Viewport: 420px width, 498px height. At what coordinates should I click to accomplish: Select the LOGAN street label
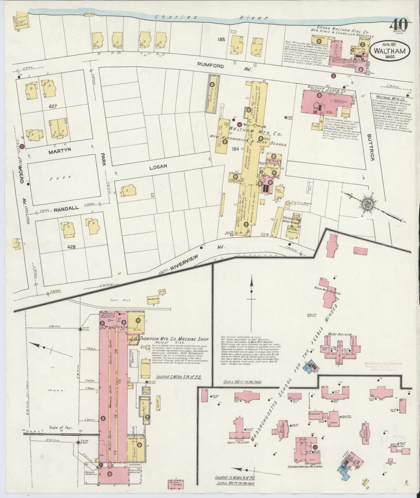(158, 166)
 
